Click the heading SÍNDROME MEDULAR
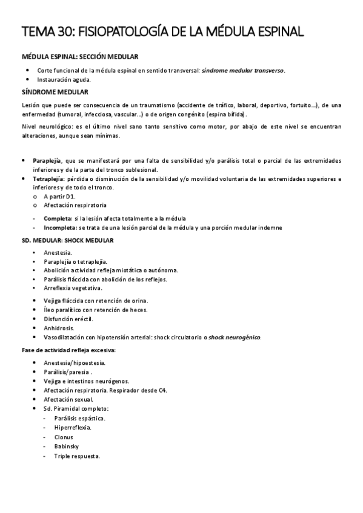point(55,92)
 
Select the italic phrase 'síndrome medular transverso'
point(242,70)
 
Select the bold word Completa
point(56,218)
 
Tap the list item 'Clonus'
point(63,437)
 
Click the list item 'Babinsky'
point(66,446)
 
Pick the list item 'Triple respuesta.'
point(77,456)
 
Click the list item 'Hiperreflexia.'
point(73,428)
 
